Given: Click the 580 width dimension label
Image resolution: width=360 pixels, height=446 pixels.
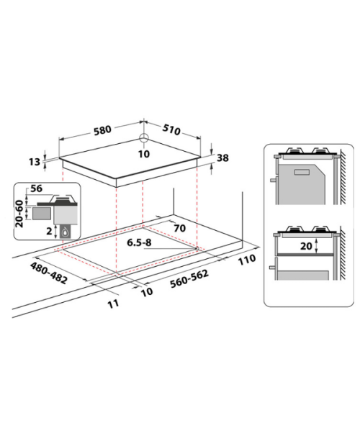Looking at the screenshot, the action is coord(102,130).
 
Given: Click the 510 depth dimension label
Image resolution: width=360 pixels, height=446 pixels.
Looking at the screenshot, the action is coord(171,129).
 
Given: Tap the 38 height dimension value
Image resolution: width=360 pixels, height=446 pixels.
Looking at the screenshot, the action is coord(222,158).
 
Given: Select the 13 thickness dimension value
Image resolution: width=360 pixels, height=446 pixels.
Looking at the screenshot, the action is coord(35,162).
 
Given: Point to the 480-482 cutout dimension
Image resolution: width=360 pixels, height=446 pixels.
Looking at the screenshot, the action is coord(49,273).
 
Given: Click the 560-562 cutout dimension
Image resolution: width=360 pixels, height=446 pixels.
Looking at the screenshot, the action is coord(189,278).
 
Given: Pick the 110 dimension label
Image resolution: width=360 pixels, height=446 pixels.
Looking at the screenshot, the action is coord(247,260).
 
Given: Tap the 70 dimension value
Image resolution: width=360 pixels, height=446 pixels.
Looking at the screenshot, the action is coord(179,228).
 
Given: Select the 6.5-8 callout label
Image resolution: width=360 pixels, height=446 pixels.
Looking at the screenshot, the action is coord(139,242).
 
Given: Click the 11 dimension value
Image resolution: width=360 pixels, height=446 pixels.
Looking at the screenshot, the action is coord(113,304).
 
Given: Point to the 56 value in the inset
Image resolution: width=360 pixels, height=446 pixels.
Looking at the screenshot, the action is coord(36,188).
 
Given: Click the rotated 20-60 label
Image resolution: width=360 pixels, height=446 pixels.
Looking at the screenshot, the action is coord(19,214).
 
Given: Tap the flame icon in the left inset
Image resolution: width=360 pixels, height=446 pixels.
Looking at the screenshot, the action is coord(66,232).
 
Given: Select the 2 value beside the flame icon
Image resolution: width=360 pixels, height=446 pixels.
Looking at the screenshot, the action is coord(49,231).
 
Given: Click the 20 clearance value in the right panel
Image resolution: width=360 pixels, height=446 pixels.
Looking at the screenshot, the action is coord(306,246).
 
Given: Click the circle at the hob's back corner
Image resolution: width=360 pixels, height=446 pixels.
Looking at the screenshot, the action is coord(144,137).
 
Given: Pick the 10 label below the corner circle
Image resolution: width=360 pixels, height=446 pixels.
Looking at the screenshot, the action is coord(144,154).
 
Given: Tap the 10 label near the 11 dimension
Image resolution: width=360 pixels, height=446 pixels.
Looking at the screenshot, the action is coord(147,292).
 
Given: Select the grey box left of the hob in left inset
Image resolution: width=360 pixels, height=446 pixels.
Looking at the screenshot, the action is coord(42,214).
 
